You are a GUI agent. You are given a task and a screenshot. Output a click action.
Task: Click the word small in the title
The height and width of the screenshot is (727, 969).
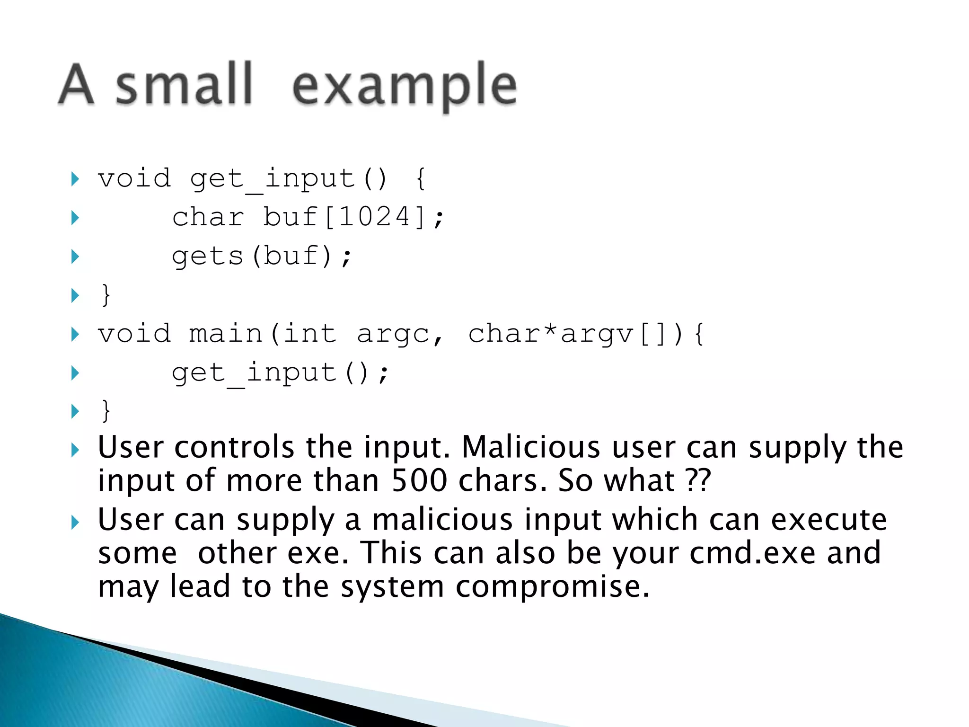coord(184,85)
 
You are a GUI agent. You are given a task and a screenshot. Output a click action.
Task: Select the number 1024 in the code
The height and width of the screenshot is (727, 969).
coord(374,217)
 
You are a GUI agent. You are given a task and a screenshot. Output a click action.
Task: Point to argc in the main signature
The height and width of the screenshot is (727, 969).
coord(393,334)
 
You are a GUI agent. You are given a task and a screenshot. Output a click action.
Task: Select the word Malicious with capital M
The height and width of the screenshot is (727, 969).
coord(531,447)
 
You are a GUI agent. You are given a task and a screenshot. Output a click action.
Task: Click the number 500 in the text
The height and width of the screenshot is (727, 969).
coord(419,480)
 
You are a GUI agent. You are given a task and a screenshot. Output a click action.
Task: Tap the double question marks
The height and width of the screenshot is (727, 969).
coord(698,480)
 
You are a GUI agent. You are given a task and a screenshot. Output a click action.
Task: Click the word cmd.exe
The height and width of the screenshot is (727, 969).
coord(752,553)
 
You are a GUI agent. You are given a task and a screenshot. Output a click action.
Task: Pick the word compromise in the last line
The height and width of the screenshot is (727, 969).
coord(552,586)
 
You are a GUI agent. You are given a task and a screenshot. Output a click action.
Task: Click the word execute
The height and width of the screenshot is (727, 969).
coord(828,520)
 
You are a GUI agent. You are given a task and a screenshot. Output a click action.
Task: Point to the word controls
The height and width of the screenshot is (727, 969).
coord(234,447)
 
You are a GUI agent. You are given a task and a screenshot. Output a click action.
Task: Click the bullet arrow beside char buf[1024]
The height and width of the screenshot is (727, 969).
coord(75,218)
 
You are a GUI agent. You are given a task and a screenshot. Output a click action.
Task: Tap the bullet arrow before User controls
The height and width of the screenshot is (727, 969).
coord(75,450)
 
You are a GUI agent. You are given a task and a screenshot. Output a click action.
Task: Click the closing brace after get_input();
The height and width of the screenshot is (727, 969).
coord(106,410)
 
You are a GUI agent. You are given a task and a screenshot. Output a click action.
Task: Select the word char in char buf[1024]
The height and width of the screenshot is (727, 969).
coord(208,217)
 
